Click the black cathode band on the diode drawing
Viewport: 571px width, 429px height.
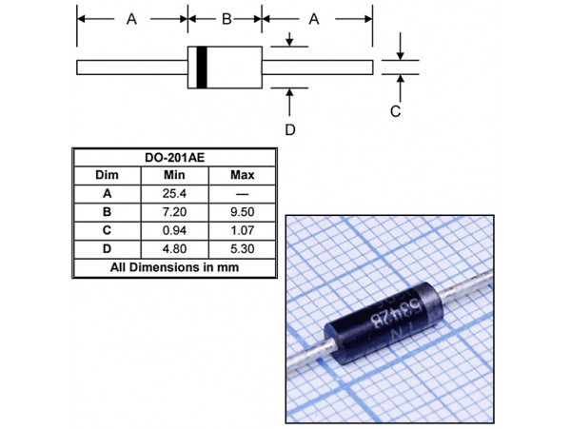tap(201, 68)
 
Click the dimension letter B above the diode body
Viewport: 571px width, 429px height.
tap(226, 19)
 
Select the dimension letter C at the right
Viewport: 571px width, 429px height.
tap(397, 111)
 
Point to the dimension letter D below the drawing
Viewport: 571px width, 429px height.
tap(291, 128)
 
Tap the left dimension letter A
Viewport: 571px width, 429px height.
tap(131, 19)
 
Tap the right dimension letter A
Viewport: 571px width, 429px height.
tap(317, 19)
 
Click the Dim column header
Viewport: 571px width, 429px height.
tap(107, 176)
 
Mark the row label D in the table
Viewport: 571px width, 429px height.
tap(107, 249)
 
